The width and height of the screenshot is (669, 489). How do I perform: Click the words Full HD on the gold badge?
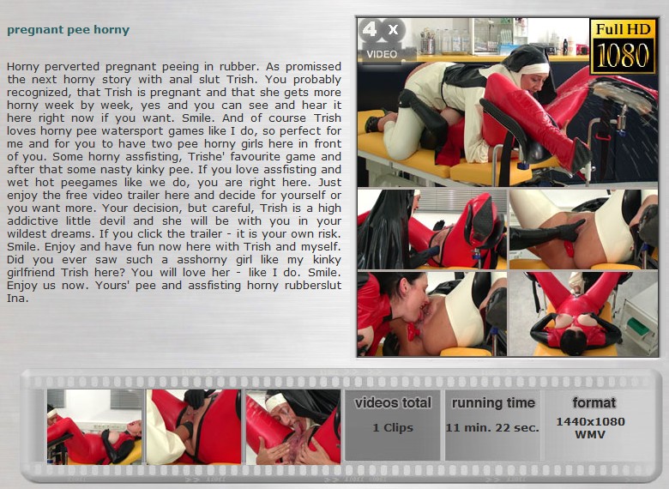click(623, 29)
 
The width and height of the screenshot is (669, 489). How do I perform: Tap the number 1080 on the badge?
click(623, 56)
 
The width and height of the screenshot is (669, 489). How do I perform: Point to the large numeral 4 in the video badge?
click(370, 29)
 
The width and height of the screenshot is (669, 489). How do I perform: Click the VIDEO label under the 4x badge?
click(382, 54)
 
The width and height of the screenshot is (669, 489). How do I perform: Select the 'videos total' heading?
click(393, 403)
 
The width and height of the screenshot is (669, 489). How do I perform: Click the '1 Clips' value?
click(393, 427)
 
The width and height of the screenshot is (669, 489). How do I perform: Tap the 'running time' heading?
click(493, 403)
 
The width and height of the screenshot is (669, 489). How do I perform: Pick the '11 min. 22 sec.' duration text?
click(492, 427)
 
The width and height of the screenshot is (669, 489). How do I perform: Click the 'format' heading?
click(594, 402)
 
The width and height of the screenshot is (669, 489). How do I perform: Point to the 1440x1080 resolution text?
click(590, 421)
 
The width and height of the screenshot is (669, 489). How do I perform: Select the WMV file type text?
click(590, 435)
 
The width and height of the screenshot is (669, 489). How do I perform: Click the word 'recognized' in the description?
click(32, 93)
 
